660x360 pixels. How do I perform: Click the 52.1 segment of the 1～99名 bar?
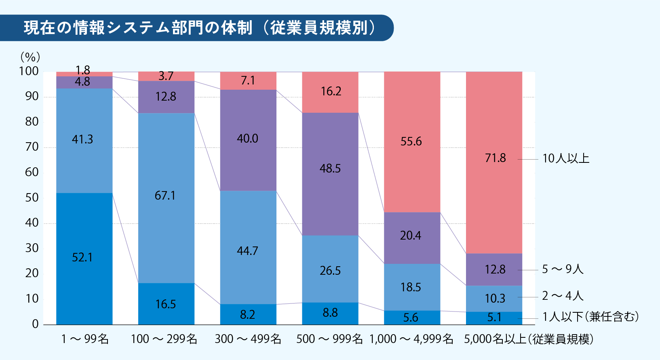click(x=84, y=259)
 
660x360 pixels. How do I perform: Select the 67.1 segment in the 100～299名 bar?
click(x=166, y=198)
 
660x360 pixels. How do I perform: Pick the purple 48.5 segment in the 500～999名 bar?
click(x=330, y=174)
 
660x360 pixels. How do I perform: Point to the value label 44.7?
click(x=247, y=251)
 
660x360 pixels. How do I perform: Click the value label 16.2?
click(x=331, y=91)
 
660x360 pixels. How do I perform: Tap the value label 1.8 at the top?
click(x=83, y=70)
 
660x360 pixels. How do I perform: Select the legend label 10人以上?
click(x=566, y=158)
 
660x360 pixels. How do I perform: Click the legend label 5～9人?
click(x=563, y=269)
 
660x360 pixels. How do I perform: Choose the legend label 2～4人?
click(x=563, y=296)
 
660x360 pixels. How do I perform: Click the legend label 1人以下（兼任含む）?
click(x=590, y=317)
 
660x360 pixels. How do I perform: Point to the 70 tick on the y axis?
click(x=32, y=147)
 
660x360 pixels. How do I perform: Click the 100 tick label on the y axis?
click(x=29, y=71)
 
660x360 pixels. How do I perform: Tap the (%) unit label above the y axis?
click(x=30, y=57)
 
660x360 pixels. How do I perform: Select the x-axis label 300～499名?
click(x=248, y=339)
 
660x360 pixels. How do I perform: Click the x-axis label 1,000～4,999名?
click(x=411, y=339)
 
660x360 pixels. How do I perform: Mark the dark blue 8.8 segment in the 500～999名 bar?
click(x=330, y=313)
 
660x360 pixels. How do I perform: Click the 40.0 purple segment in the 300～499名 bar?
click(x=247, y=139)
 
